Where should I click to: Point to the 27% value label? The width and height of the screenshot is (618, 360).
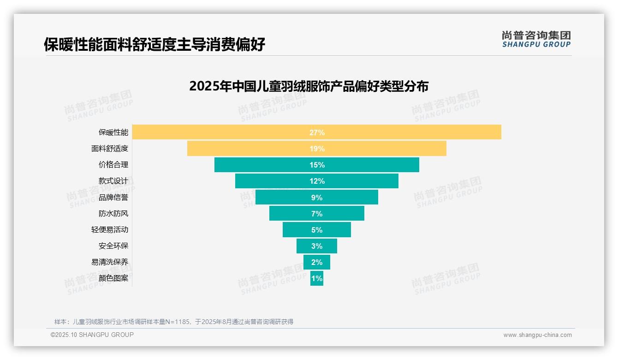[317, 132]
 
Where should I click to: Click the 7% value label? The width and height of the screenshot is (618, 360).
[317, 214]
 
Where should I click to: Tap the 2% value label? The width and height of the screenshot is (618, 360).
[317, 262]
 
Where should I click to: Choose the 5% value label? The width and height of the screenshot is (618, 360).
[317, 230]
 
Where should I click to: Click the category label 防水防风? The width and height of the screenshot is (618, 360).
[113, 214]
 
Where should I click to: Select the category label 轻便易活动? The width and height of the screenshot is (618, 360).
[110, 230]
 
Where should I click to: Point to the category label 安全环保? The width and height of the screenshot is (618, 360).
[113, 246]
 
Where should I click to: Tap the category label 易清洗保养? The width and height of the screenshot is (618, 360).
[110, 262]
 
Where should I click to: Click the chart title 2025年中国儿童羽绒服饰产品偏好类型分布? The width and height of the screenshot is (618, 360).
[309, 86]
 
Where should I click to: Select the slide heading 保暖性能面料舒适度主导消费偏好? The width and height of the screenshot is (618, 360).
[154, 45]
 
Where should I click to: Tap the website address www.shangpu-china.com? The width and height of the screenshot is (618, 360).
[537, 335]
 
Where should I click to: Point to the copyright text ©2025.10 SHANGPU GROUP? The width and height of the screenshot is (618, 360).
[92, 335]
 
